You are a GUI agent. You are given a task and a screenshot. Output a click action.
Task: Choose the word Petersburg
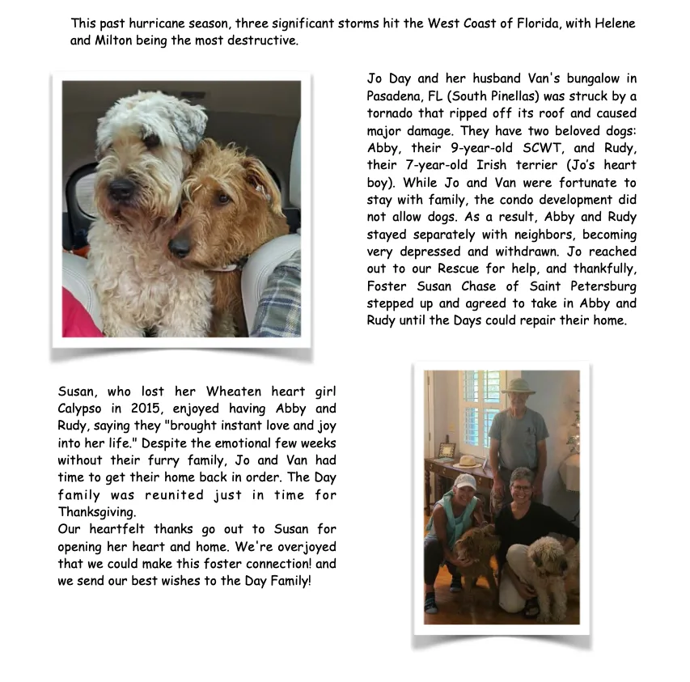pos(600,286)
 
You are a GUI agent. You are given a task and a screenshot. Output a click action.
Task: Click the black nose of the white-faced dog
pos(122,189)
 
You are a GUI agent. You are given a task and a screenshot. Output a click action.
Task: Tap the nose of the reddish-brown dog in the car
pos(180,247)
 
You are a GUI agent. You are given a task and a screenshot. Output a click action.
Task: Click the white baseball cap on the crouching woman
pos(464,481)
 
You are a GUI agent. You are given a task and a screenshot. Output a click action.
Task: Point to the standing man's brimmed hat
pos(518,385)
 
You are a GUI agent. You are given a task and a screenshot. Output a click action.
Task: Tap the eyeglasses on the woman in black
pos(522,489)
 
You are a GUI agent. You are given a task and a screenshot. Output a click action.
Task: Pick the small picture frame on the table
pos(447,450)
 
